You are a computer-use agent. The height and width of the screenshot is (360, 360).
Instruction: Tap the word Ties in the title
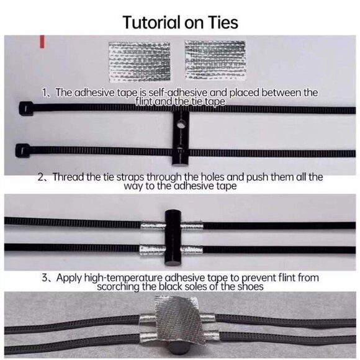point(223,22)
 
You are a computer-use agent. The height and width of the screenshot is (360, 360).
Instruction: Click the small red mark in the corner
point(42,42)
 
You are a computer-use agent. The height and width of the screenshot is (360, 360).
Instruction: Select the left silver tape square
point(140,62)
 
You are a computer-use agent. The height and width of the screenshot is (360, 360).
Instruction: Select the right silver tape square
point(215,60)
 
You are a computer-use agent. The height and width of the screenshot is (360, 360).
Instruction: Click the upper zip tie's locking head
point(25,108)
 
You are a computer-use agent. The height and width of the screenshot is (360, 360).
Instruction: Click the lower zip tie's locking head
point(22,150)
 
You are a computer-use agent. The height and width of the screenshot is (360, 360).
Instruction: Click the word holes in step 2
point(212,177)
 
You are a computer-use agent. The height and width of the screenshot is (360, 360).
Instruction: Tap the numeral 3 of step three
point(45,278)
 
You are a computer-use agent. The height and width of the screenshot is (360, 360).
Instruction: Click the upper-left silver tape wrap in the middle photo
point(153,226)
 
